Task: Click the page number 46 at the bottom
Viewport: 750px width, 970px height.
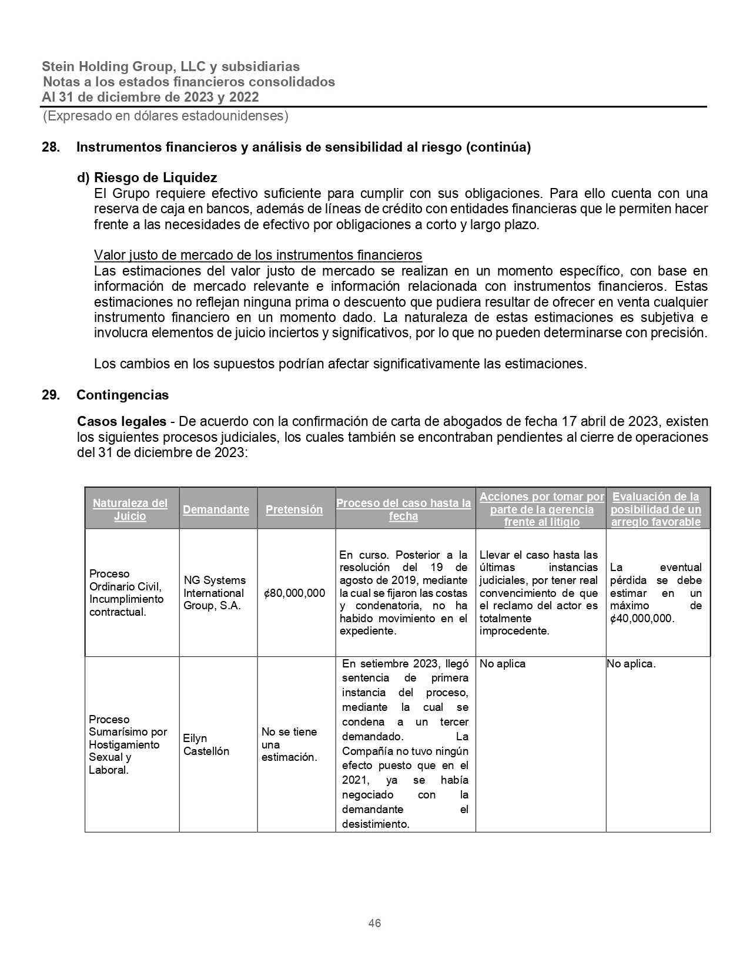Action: coord(374,923)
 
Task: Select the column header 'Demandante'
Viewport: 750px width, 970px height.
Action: coord(216,509)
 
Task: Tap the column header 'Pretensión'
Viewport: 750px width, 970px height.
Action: coord(294,509)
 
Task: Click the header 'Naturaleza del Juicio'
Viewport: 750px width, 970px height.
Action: coord(130,509)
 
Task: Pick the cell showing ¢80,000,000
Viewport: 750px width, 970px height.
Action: coord(294,593)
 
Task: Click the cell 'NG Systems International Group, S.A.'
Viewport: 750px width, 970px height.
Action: coord(215,593)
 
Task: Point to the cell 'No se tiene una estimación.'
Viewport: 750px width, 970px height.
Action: coord(289,744)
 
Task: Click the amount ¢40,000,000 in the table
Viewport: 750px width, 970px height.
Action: coord(642,618)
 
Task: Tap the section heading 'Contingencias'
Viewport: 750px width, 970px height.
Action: coord(122,395)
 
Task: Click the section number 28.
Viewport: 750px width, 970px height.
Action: coord(50,147)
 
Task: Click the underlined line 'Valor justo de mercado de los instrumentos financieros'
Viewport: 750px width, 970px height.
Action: coord(258,255)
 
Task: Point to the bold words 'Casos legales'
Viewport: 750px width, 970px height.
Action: coord(122,421)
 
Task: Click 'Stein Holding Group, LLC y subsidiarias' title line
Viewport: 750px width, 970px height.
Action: coord(170,66)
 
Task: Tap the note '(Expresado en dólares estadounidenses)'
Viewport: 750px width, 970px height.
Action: coord(165,116)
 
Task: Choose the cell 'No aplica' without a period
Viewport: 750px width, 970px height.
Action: coord(503,664)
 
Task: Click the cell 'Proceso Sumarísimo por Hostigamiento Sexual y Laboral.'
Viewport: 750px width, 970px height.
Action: coord(128,744)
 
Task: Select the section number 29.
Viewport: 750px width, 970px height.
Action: coord(50,395)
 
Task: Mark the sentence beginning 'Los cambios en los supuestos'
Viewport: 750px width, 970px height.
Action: coord(340,364)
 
